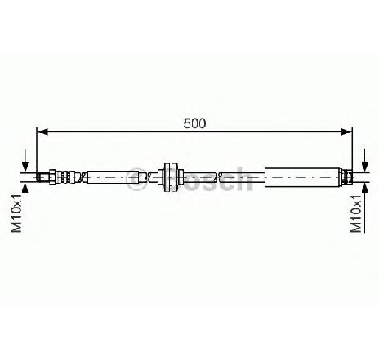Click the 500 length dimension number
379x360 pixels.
tap(194, 124)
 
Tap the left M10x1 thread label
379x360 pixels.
tap(16, 213)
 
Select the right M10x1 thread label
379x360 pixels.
tap(356, 213)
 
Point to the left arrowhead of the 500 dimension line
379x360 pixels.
tap(42, 131)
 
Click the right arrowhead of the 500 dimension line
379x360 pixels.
tap(346, 131)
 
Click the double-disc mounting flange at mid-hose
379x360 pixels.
tap(171, 177)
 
